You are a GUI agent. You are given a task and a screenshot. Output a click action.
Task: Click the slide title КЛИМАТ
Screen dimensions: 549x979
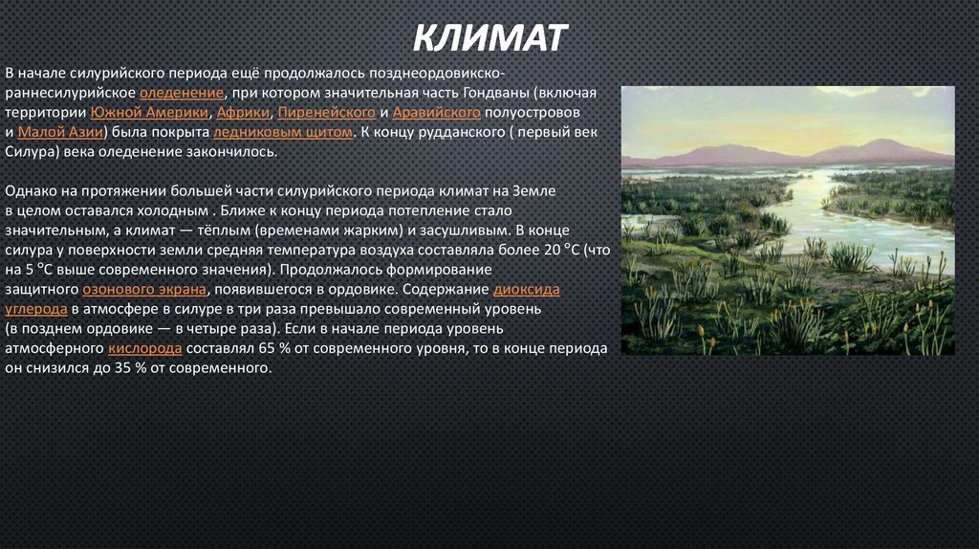click(x=490, y=39)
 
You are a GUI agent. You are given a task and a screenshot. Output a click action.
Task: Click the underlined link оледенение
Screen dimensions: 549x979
click(x=182, y=93)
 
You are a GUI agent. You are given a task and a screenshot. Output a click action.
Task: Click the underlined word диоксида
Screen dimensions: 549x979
click(x=526, y=290)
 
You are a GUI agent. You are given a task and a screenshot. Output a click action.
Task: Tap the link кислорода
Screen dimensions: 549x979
click(x=146, y=349)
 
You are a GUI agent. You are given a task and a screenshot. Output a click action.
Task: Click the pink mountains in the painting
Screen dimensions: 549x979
click(x=727, y=154)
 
